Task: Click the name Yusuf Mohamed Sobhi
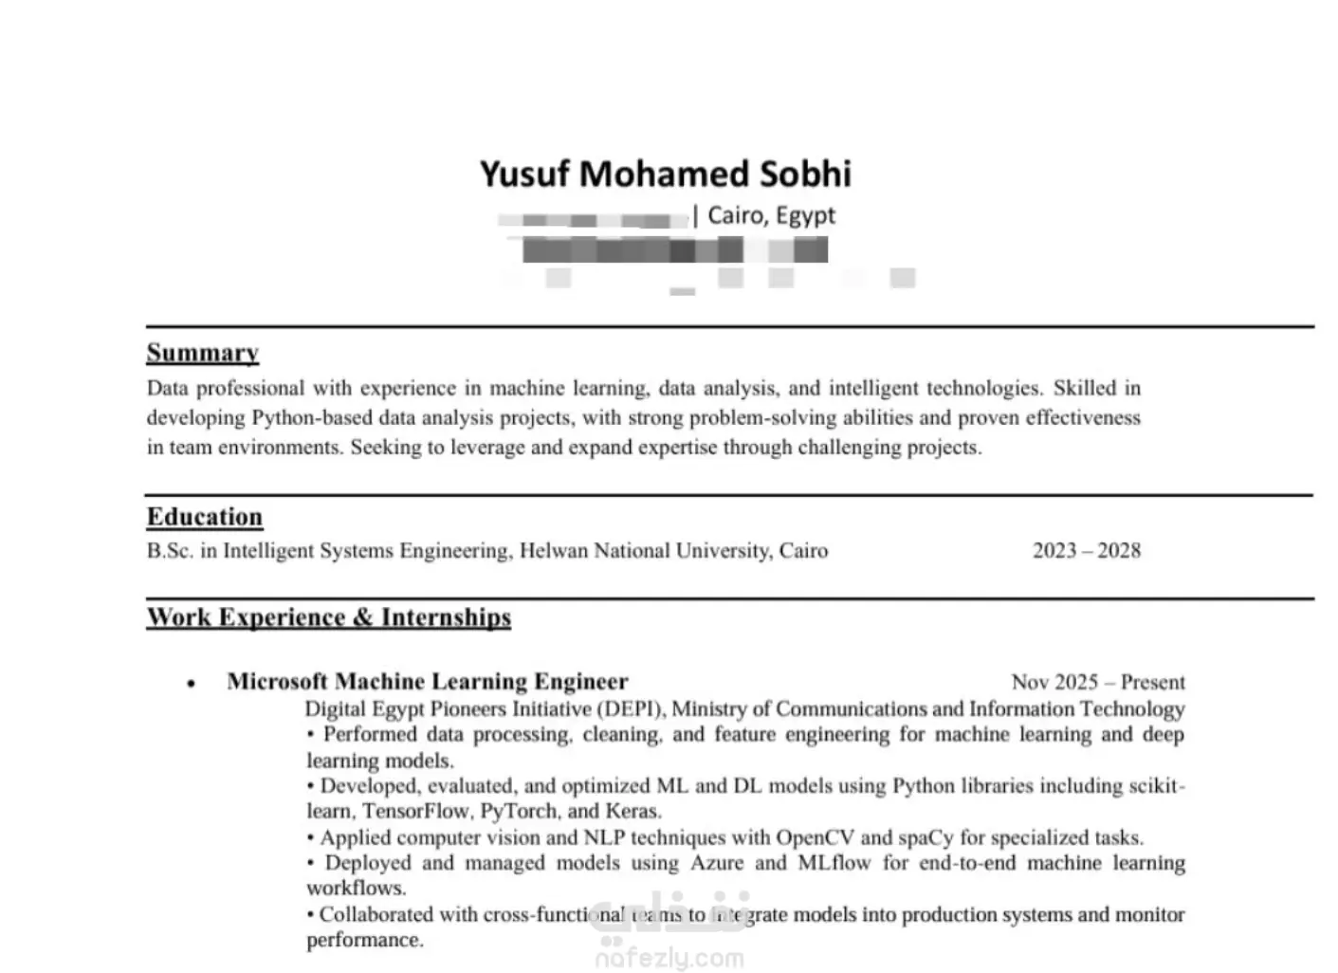[x=665, y=174]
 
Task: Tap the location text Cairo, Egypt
[x=771, y=215]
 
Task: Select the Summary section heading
[x=202, y=353]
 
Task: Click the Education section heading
[x=204, y=517]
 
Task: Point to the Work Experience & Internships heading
[x=328, y=617]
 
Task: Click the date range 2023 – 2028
[x=1086, y=551]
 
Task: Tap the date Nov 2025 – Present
[x=1097, y=683]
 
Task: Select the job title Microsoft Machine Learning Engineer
[x=427, y=682]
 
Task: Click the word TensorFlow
[x=415, y=812]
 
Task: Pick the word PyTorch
[x=518, y=812]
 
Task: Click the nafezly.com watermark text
[x=669, y=959]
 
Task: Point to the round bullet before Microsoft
[x=192, y=684]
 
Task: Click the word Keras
[x=632, y=812]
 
